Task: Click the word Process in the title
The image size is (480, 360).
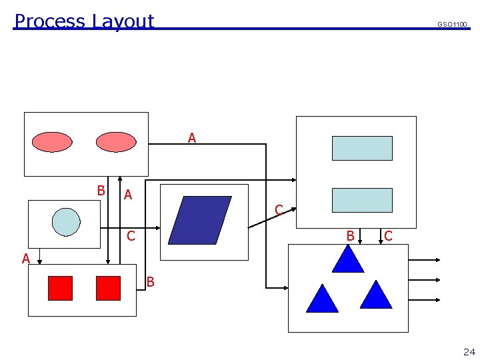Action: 51,21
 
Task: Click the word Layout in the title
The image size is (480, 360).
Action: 123,22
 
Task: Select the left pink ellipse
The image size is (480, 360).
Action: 52,142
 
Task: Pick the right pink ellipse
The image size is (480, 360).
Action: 115,142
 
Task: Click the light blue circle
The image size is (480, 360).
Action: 66,222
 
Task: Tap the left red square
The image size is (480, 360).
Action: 60,288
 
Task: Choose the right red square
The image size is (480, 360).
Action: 108,288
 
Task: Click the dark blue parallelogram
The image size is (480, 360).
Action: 200,220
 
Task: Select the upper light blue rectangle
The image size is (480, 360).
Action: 362,148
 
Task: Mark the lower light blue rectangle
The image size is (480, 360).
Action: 362,200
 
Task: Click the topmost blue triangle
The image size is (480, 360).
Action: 348,260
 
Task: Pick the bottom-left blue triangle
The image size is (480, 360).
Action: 322,299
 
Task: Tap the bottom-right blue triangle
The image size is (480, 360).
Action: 376,295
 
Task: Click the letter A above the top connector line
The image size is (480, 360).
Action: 192,138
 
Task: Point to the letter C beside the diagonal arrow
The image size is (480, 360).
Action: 279,210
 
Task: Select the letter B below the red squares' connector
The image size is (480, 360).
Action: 150,282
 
